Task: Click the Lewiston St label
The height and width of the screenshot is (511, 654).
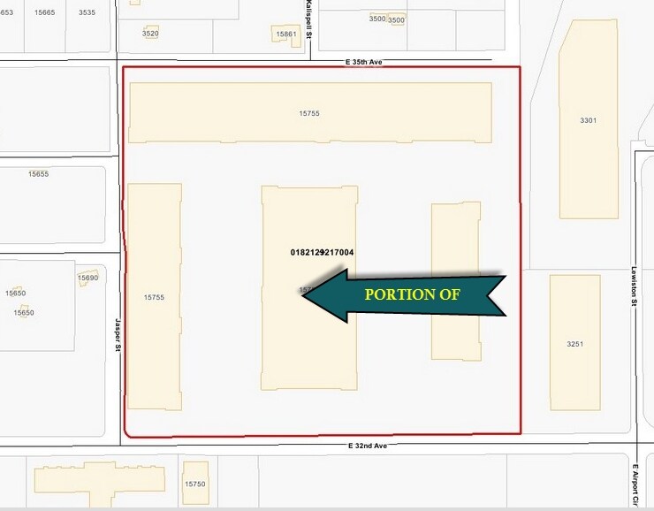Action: (x=634, y=287)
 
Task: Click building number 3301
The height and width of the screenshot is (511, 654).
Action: (x=588, y=120)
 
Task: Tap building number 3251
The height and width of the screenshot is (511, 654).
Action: (x=574, y=343)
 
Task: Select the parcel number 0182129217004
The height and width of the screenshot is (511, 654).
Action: (x=322, y=252)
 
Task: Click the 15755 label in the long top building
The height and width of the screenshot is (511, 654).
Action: (x=309, y=113)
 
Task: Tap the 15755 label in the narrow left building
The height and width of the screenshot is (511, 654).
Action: (x=154, y=297)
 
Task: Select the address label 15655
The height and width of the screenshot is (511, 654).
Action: (x=38, y=174)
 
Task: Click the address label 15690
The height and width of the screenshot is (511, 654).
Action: (x=87, y=278)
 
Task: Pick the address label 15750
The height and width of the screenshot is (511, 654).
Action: (x=194, y=484)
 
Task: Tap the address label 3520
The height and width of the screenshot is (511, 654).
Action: (x=150, y=33)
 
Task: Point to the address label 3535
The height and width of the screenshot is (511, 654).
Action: (x=87, y=12)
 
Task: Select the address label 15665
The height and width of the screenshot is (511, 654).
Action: (x=44, y=12)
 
